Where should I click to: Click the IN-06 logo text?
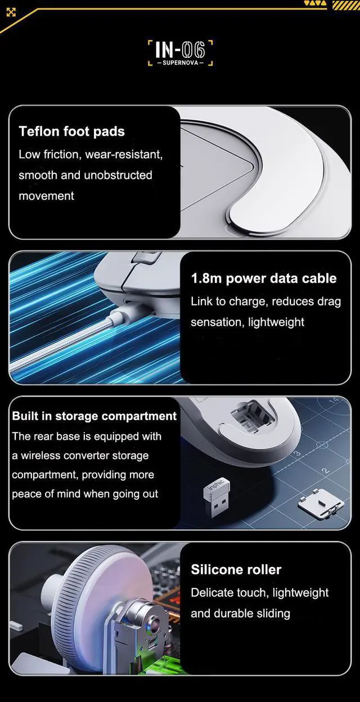coord(180,50)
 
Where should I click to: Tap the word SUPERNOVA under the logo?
coord(181,62)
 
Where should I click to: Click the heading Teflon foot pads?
coord(72,132)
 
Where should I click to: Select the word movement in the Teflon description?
coord(46,196)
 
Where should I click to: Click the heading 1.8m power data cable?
coord(264,278)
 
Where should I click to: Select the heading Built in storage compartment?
coord(94,416)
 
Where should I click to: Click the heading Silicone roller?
coord(236,569)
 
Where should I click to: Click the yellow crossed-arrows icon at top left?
coord(11,12)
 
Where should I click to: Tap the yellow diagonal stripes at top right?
coord(346,5)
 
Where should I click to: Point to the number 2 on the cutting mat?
coord(326,471)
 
